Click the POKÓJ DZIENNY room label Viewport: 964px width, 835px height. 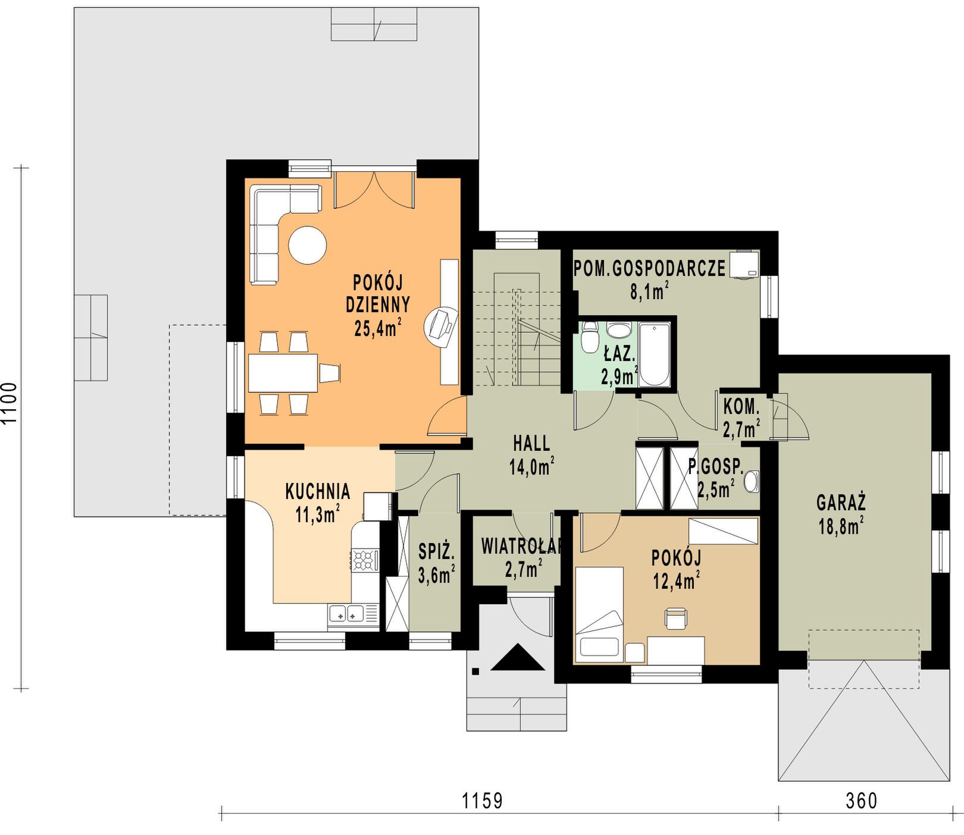click(x=378, y=293)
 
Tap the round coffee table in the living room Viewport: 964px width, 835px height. click(x=308, y=245)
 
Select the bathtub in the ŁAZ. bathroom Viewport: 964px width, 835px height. click(x=654, y=354)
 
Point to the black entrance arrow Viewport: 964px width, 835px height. click(x=518, y=657)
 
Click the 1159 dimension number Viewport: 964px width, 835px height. click(x=483, y=801)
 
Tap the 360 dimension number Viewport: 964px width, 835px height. click(x=862, y=801)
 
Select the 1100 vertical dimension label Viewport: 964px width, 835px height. click(x=10, y=403)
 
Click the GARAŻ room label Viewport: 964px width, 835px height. click(x=841, y=503)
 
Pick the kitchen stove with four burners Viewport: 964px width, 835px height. click(x=364, y=560)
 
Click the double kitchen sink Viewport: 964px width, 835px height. click(x=346, y=613)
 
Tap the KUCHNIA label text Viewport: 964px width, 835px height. click(x=318, y=491)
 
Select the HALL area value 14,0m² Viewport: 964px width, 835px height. click(x=531, y=467)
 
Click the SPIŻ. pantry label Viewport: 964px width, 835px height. click(x=436, y=552)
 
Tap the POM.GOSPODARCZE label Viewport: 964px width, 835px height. click(x=649, y=269)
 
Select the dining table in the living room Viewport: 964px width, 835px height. click(x=283, y=373)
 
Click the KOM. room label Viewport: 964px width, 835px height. click(x=741, y=407)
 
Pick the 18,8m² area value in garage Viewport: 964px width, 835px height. click(x=841, y=526)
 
